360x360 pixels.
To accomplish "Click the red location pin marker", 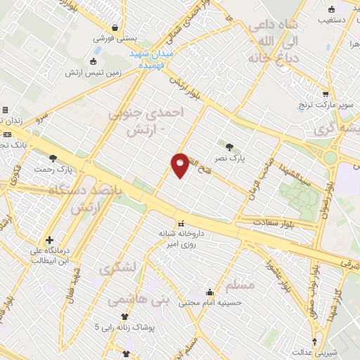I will (180, 165).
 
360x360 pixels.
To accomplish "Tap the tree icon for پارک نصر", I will (230, 147).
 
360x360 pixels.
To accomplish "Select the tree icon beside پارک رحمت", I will (53, 159).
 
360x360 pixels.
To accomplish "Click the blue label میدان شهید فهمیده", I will (158, 59).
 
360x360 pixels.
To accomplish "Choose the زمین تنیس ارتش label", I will (94, 72).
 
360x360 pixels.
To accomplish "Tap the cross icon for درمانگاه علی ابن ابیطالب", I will (49, 240).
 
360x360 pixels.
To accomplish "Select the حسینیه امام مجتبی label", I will (210, 303).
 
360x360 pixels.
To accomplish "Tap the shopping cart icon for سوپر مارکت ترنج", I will (325, 94).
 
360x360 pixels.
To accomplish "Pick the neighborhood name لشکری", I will (114, 268).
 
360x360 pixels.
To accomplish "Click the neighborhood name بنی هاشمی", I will (139, 299).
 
